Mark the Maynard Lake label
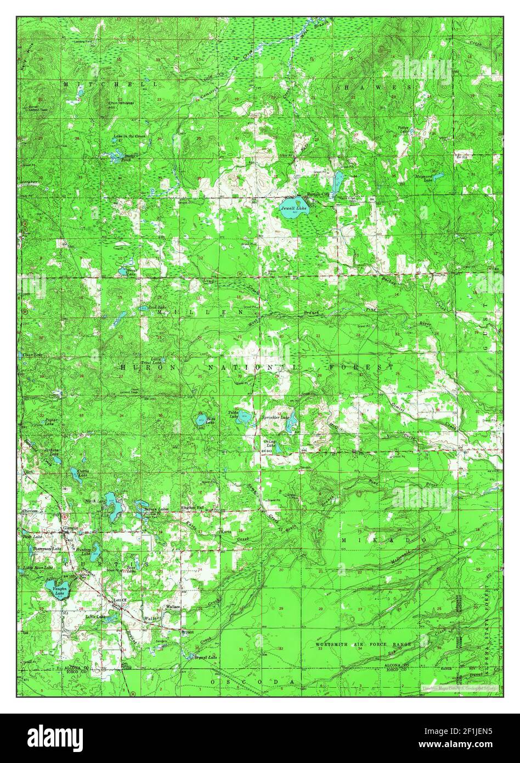[424, 177]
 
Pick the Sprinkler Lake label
[275, 418]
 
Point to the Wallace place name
[173, 607]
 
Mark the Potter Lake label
[405, 130]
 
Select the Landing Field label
[84, 42]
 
